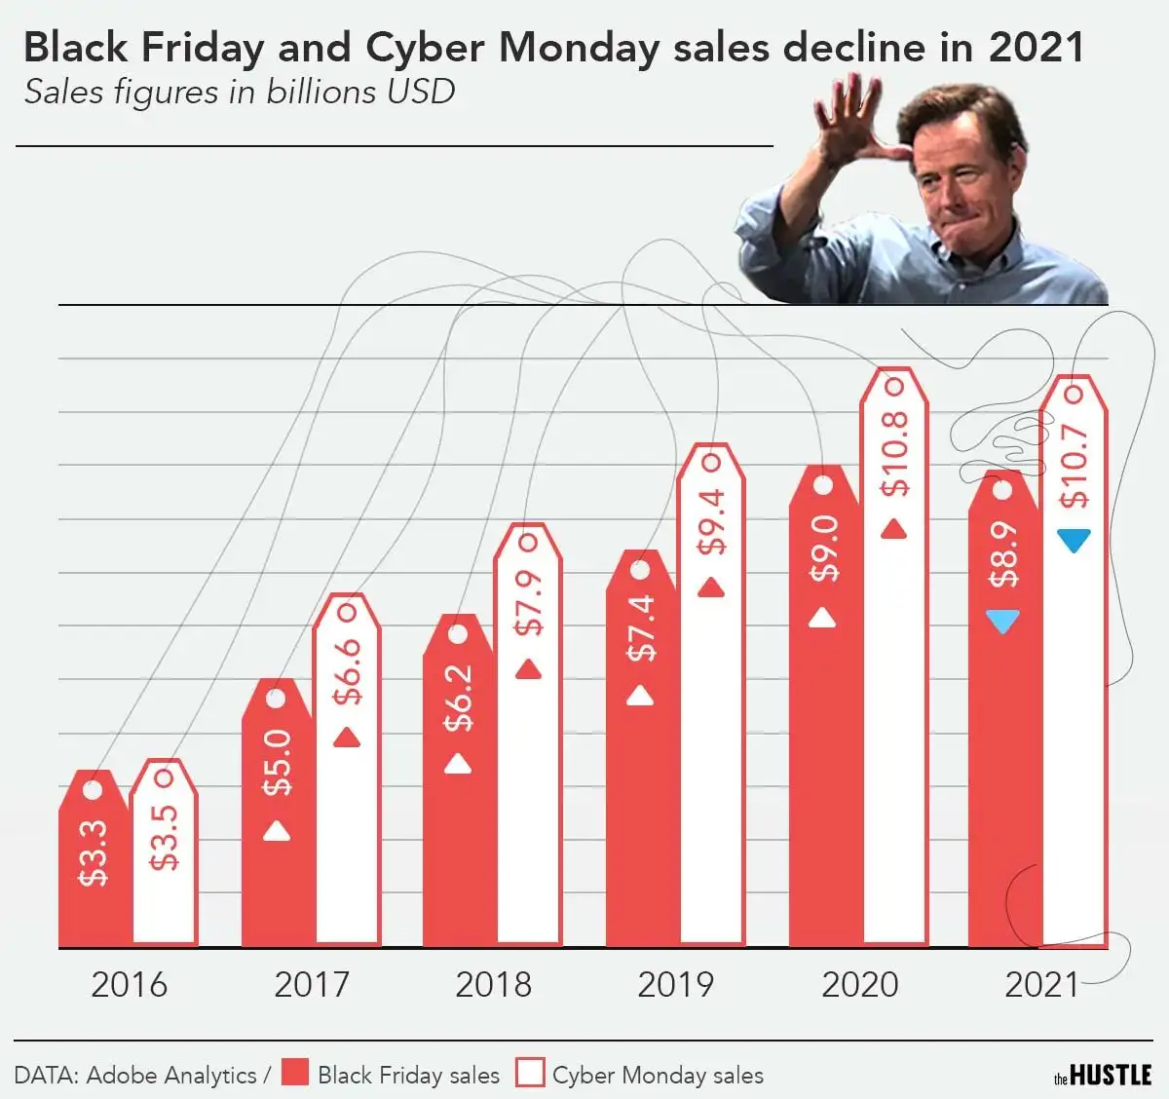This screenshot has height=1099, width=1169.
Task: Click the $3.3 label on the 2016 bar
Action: click(x=94, y=853)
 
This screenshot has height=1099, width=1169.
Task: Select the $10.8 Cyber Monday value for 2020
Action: click(x=893, y=453)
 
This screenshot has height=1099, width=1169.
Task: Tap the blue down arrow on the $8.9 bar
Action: click(x=1002, y=622)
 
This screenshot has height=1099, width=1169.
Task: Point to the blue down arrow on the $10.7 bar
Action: click(x=1074, y=540)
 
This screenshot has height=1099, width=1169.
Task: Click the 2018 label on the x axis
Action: click(x=493, y=984)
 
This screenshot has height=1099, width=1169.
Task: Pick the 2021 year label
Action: click(x=1041, y=984)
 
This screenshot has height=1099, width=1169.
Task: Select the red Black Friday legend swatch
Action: click(x=295, y=1073)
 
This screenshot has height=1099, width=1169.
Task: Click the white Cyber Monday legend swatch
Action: click(x=530, y=1073)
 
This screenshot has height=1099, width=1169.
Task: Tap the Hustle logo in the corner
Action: click(x=1103, y=1075)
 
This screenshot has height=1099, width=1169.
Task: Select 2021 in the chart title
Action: click(x=1036, y=48)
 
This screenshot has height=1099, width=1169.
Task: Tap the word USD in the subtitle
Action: click(x=420, y=92)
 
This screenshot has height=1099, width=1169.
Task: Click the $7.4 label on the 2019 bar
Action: click(x=641, y=628)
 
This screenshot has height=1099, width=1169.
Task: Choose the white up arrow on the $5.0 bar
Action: click(x=277, y=830)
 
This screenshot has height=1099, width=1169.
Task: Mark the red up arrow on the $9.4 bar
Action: click(x=711, y=587)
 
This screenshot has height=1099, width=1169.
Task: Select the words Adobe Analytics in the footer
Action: click(x=171, y=1075)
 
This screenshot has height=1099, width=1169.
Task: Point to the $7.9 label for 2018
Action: click(x=528, y=603)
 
